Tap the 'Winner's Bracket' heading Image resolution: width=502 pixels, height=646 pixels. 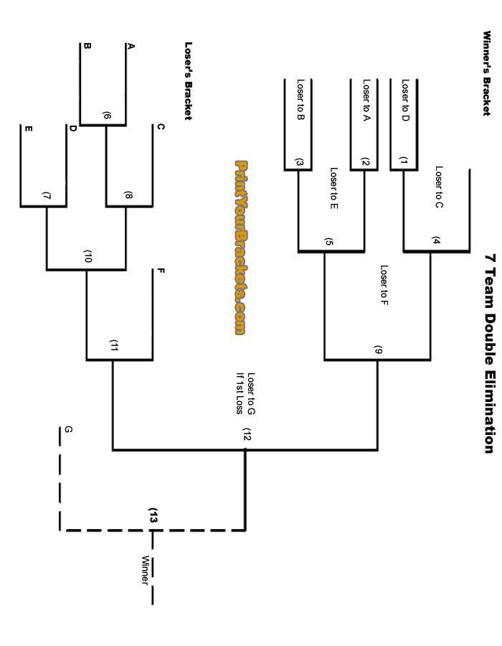tap(486, 72)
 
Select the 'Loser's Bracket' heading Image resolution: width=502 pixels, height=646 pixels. tap(189, 80)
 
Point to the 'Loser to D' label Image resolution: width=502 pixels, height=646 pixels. tap(405, 100)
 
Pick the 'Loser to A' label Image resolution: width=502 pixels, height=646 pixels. tap(366, 100)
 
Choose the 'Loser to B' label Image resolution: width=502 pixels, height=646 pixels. tap(300, 100)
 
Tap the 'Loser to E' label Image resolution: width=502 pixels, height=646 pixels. tap(333, 189)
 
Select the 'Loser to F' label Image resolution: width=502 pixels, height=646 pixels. tap(384, 286)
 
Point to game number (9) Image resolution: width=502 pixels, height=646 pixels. tap(378, 351)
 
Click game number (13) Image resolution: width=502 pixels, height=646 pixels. tap(153, 515)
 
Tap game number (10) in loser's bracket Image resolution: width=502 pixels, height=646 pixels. tap(88, 257)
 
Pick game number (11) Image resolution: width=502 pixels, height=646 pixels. tap(113, 345)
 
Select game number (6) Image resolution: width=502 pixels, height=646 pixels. tap(106, 116)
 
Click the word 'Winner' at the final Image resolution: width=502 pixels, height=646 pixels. tap(145, 570)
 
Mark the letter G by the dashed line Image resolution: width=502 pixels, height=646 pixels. tap(68, 429)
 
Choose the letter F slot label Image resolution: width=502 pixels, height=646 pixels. tap(161, 271)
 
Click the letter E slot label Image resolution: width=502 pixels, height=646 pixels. tap(29, 129)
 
